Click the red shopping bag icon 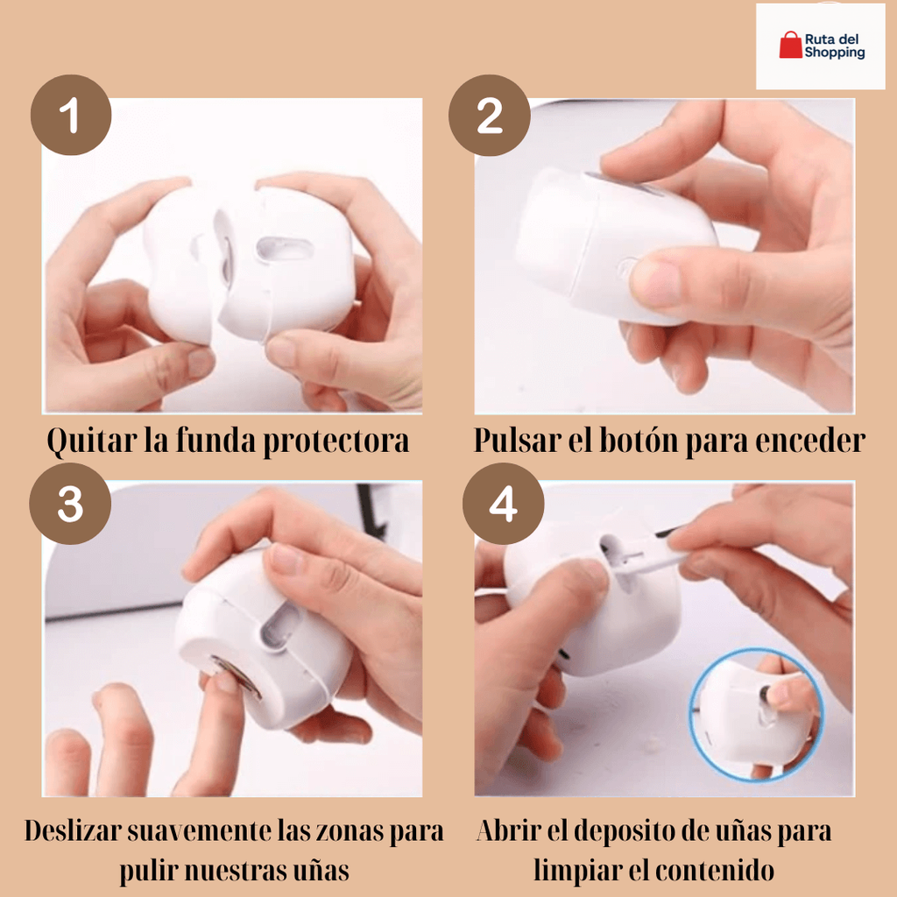pyautogui.click(x=790, y=46)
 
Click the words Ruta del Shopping pyautogui.click(x=834, y=46)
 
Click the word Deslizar pyautogui.click(x=79, y=830)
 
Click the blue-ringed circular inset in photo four pyautogui.click(x=754, y=714)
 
